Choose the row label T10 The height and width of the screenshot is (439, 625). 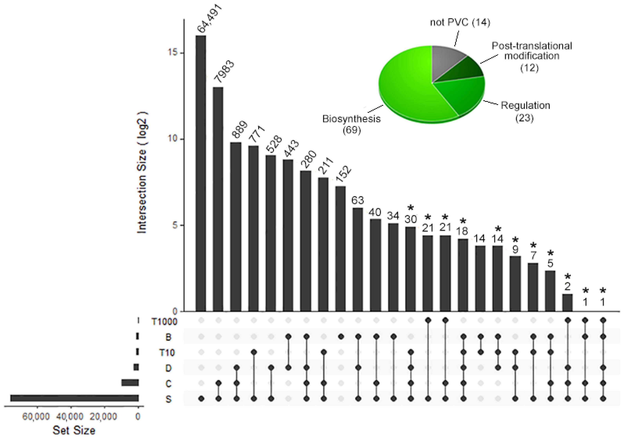pos(167,353)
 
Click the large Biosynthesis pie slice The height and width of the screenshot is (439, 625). pos(408,90)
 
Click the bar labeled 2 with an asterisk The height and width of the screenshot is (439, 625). pos(568,302)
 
